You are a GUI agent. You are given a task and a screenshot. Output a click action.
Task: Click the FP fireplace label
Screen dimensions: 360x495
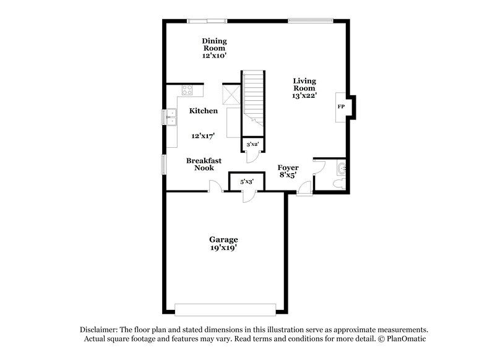tap(340, 106)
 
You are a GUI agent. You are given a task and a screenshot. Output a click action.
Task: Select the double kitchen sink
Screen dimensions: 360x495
tap(170, 117)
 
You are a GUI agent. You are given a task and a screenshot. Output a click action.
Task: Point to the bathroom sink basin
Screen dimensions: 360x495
tap(342, 167)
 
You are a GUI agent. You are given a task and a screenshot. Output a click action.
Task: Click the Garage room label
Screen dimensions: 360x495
tap(223, 239)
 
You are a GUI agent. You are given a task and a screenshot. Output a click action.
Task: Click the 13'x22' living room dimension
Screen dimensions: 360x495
tap(305, 96)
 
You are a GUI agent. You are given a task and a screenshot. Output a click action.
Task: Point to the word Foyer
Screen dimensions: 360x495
tap(288, 168)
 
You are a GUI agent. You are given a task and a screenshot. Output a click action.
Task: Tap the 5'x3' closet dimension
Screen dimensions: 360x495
tap(246, 181)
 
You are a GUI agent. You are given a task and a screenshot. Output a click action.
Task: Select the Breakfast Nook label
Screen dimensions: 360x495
tap(204, 164)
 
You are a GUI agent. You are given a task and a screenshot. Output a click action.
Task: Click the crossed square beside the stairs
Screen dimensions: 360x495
tap(232, 95)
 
